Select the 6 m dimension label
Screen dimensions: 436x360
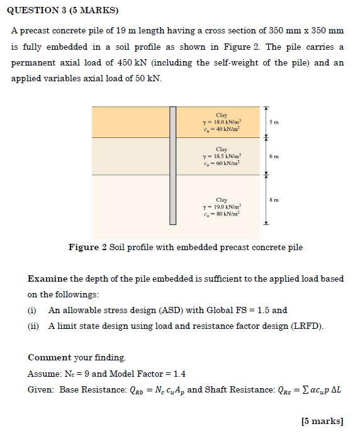[272, 156]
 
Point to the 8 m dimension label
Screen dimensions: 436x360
[272, 200]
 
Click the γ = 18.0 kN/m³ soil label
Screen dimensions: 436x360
[221, 122]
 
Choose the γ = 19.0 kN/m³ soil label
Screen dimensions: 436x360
[221, 206]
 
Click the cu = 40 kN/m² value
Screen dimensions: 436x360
[221, 129]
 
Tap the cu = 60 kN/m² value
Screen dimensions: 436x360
[221, 163]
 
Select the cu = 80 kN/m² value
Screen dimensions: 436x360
[221, 214]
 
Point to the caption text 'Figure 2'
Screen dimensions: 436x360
[87, 248]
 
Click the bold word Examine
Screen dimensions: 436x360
[47, 278]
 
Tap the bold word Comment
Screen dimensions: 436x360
[49, 357]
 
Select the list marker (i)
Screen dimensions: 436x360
[32, 310]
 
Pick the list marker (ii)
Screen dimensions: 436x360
[33, 326]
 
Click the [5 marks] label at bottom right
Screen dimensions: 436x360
[322, 420]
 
